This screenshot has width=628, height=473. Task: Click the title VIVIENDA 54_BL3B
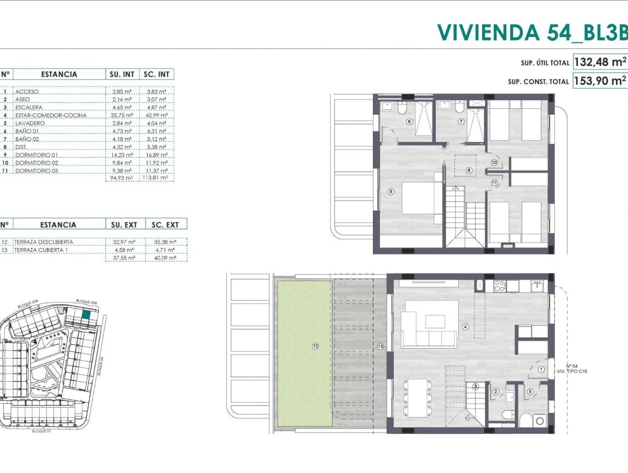click(532, 32)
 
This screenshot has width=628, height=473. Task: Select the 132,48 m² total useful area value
click(600, 62)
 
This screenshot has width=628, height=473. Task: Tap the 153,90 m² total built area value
click(600, 80)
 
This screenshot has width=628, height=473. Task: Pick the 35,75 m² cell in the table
click(121, 116)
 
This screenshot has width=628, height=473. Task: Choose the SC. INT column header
click(157, 74)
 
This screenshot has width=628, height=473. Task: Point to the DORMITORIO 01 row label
click(36, 155)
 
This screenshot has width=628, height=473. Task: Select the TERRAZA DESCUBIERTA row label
click(44, 242)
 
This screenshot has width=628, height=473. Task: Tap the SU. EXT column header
click(124, 224)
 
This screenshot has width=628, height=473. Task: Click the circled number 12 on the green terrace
click(316, 346)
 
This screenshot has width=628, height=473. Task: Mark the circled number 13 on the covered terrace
click(380, 346)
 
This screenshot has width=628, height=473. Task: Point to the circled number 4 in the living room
click(465, 327)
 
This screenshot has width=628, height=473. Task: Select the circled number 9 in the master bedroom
click(391, 191)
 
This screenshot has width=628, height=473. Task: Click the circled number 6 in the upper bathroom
click(409, 122)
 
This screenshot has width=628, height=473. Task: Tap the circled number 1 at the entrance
click(541, 370)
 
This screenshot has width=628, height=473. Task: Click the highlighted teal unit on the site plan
click(86, 315)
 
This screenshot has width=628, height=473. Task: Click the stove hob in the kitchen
click(500, 285)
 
